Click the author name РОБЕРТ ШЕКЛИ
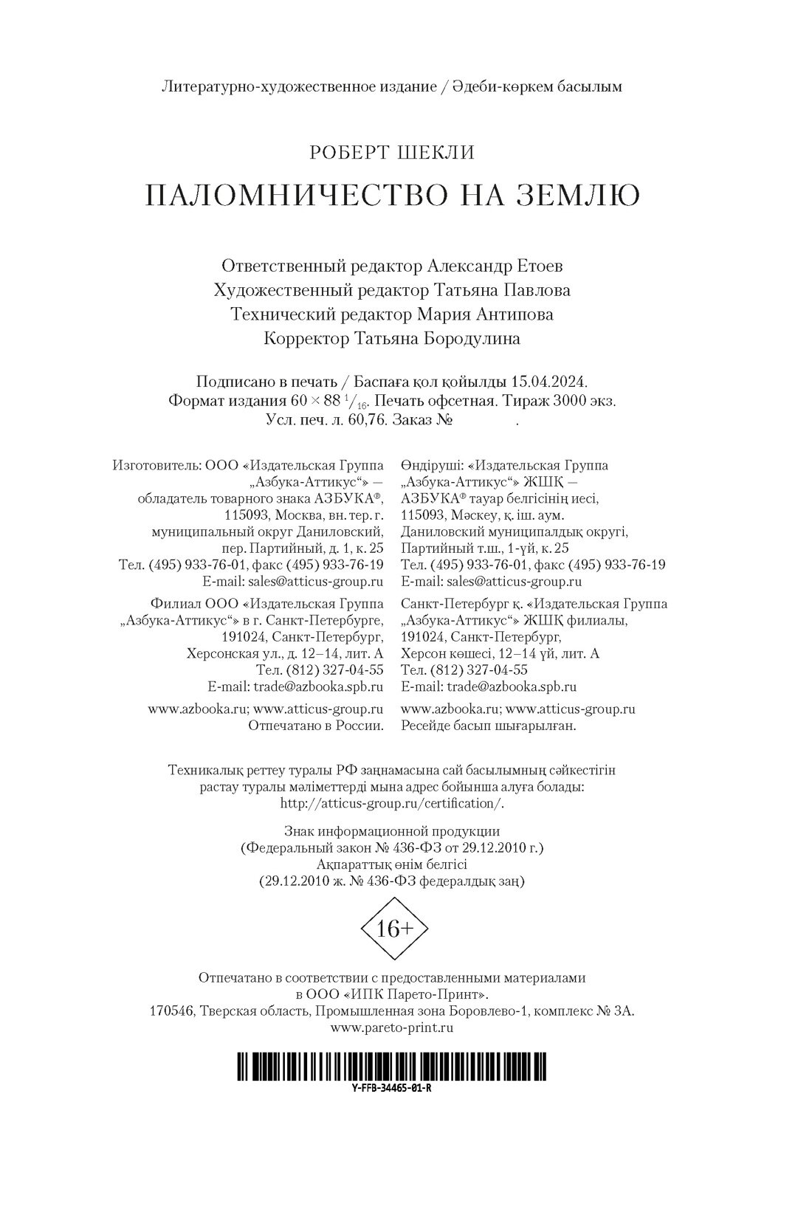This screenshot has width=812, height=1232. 391,153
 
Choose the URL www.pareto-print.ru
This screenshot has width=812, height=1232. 392,1027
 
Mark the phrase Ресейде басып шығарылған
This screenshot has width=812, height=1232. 488,726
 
